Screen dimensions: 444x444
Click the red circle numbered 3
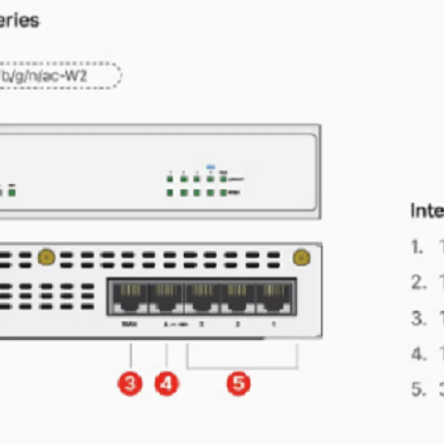[130, 384]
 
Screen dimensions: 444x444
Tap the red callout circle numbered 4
[167, 384]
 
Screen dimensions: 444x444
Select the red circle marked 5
[238, 384]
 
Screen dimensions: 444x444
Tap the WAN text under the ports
[126, 324]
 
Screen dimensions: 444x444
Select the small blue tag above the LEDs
[210, 166]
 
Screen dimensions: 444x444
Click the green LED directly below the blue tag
[210, 179]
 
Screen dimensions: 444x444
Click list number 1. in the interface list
[417, 248]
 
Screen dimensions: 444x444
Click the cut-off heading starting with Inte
[427, 211]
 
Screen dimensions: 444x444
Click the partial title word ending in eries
[19, 21]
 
